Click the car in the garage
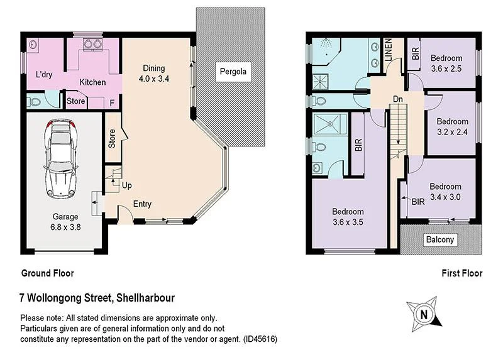(60, 155)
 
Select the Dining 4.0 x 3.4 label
(154, 74)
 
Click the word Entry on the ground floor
(142, 204)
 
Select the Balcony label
(440, 240)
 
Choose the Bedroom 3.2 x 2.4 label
(453, 127)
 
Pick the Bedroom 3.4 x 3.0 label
(445, 192)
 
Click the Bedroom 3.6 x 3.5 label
(348, 217)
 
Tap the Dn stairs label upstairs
(397, 99)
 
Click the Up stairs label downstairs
(127, 186)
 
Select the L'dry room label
(44, 75)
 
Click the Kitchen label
(92, 82)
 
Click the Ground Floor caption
(48, 273)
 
